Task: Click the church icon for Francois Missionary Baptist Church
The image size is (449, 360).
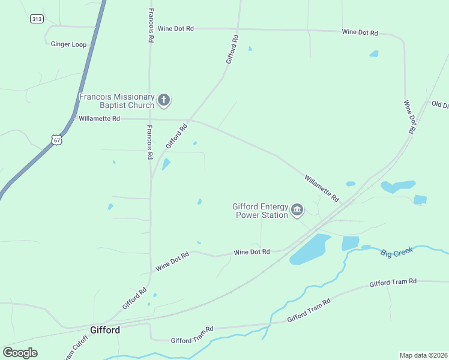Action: (x=164, y=100)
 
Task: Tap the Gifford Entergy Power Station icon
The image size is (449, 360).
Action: (x=297, y=210)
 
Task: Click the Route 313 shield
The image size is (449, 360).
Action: (x=37, y=19)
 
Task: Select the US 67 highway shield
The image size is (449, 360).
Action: (x=56, y=139)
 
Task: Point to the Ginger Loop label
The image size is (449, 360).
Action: (x=68, y=44)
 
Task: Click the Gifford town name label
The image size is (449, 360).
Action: (x=105, y=330)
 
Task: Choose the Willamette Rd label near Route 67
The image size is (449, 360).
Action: (x=99, y=119)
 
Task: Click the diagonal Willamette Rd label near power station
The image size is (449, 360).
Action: (x=322, y=188)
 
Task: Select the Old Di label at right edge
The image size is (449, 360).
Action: (x=440, y=104)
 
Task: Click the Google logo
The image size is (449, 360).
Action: (x=20, y=353)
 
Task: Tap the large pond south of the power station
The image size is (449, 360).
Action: (x=310, y=249)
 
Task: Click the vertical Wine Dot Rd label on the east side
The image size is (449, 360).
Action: (x=410, y=116)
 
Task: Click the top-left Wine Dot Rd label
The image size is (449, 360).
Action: (x=175, y=28)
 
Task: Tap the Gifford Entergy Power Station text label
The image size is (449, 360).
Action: (x=261, y=211)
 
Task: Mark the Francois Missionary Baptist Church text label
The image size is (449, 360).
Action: (x=117, y=101)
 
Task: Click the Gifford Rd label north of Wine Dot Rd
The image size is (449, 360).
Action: (x=232, y=50)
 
